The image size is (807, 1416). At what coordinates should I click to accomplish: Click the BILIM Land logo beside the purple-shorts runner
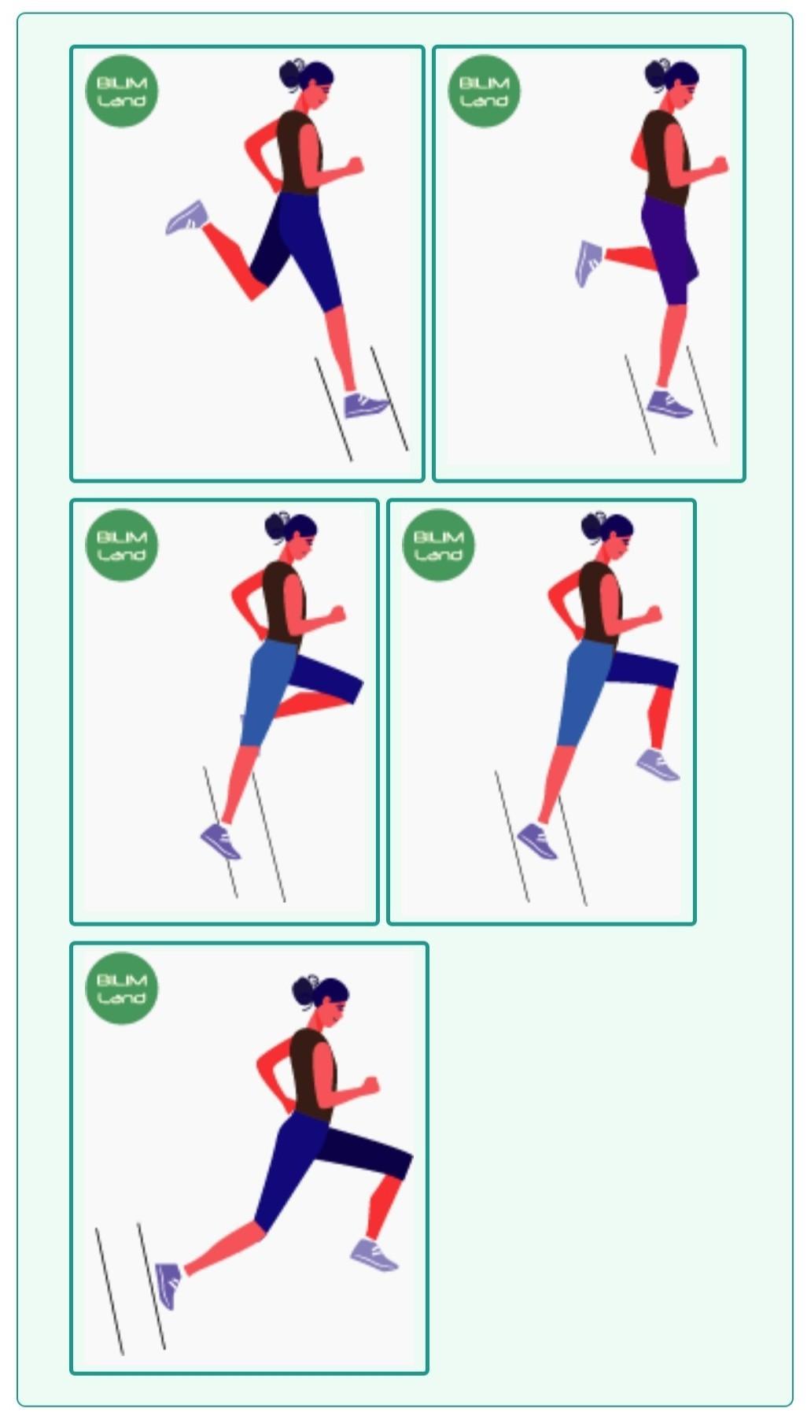pyautogui.click(x=485, y=91)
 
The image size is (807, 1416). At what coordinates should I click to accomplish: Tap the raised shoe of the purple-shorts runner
pyautogui.click(x=589, y=263)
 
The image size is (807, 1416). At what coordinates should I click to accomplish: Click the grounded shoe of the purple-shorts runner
pyautogui.click(x=669, y=404)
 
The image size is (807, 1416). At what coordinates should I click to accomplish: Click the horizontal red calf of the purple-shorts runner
pyautogui.click(x=630, y=257)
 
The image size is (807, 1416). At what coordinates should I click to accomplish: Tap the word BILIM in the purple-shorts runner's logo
pyautogui.click(x=485, y=83)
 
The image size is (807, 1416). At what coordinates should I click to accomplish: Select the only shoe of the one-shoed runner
pyautogui.click(x=220, y=840)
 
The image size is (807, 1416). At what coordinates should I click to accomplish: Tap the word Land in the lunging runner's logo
pyautogui.click(x=122, y=997)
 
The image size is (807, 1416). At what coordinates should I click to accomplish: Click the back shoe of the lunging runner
pyautogui.click(x=168, y=1285)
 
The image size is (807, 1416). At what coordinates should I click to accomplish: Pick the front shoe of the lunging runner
pyautogui.click(x=374, y=1255)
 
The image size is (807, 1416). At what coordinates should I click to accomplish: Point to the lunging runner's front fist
pyautogui.click(x=369, y=1085)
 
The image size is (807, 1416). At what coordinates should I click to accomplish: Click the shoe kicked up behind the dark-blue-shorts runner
pyautogui.click(x=187, y=217)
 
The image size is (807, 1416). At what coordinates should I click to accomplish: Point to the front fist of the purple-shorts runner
pyautogui.click(x=719, y=165)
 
